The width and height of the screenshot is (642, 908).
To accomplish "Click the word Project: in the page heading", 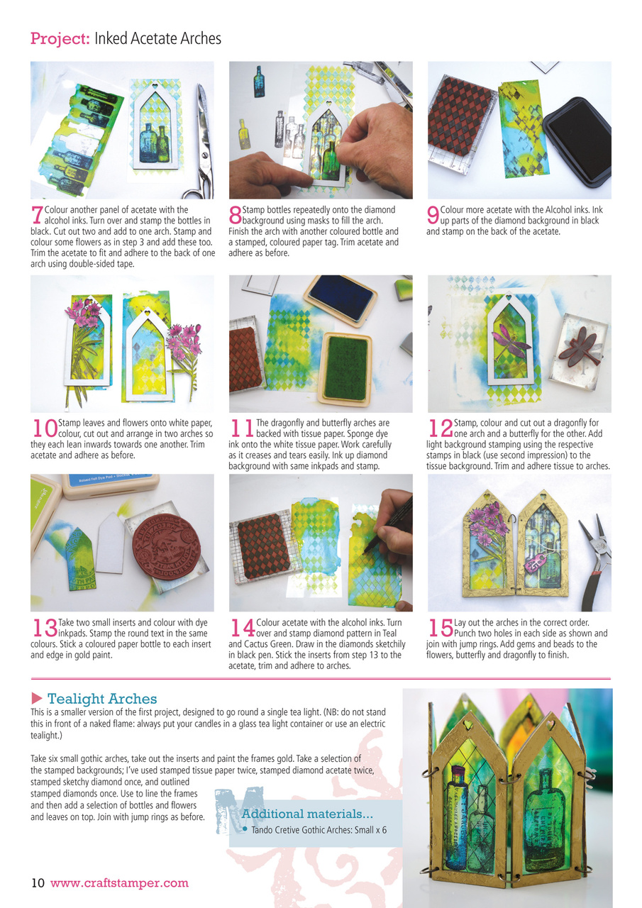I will [60, 38].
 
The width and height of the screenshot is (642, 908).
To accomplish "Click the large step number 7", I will [36, 215].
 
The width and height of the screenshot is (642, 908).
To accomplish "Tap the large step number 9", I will [433, 215].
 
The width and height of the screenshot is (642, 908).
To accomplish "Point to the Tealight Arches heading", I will [102, 699].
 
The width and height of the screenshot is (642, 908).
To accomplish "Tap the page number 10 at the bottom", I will [38, 883].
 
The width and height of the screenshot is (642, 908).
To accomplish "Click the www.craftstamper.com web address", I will [119, 883].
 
